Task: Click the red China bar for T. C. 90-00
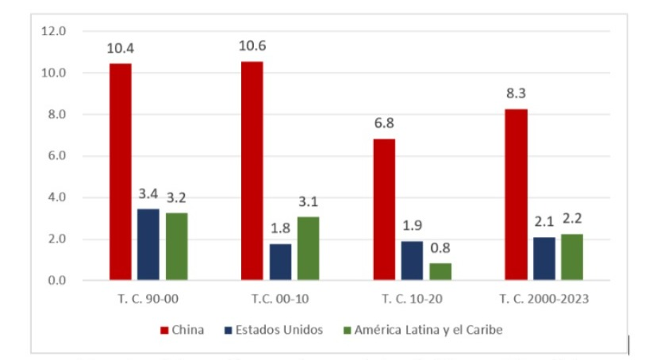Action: pyautogui.click(x=121, y=171)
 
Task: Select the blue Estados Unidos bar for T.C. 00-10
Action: pyautogui.click(x=280, y=262)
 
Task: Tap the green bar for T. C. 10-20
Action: pyautogui.click(x=440, y=271)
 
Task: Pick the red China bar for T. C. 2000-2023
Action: pyautogui.click(x=516, y=194)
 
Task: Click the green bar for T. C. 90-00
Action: pyautogui.click(x=177, y=246)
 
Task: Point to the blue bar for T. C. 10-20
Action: pyautogui.click(x=412, y=260)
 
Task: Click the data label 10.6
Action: pyautogui.click(x=252, y=45)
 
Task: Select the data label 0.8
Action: pyautogui.click(x=440, y=247)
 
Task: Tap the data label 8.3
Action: pyautogui.click(x=516, y=93)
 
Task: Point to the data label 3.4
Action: pyautogui.click(x=148, y=193)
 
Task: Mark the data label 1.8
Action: pyautogui.click(x=280, y=228)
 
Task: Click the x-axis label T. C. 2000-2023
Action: pyautogui.click(x=544, y=301)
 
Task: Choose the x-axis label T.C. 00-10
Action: pyautogui.click(x=280, y=301)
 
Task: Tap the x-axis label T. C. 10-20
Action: pyautogui.click(x=412, y=301)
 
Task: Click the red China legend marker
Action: pyautogui.click(x=164, y=330)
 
